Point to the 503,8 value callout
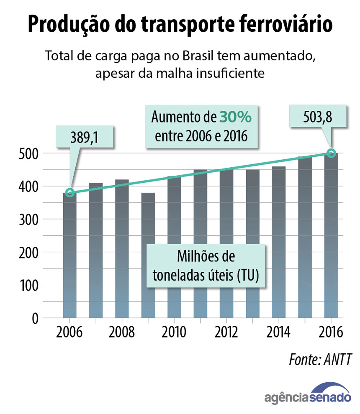point(319,116)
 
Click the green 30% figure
point(236,118)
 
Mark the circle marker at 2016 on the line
point(331,153)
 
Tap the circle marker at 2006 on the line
point(70,193)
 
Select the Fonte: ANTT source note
point(320,359)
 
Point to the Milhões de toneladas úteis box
point(206,265)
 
